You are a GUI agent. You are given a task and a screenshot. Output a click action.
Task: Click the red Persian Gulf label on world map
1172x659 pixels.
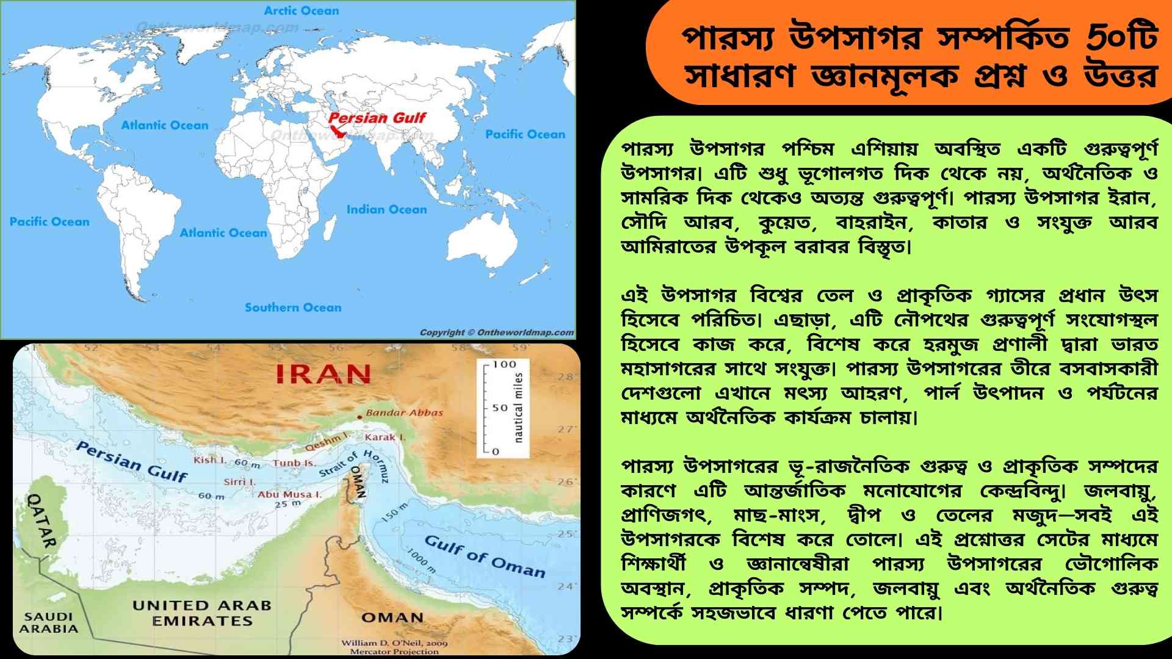coord(377,118)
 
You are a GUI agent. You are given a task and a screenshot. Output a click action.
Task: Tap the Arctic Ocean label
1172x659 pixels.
coord(301,10)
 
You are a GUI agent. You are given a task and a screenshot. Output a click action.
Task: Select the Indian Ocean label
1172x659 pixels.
coord(386,209)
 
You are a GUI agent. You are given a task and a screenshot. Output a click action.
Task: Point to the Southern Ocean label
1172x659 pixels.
coord(293,308)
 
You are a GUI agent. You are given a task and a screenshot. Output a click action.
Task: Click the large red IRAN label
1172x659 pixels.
coord(324,373)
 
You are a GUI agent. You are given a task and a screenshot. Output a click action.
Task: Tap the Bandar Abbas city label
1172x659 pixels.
coord(404,412)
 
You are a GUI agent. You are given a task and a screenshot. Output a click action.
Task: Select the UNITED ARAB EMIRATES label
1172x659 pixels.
coord(201,613)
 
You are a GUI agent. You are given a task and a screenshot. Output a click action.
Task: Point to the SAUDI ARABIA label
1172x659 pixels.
coord(49,622)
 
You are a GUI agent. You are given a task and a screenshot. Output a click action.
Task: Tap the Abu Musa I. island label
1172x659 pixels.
coord(289,494)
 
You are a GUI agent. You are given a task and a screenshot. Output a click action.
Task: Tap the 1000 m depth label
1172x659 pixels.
coord(422,561)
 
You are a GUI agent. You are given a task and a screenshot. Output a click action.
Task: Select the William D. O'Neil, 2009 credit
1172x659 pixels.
coord(394,643)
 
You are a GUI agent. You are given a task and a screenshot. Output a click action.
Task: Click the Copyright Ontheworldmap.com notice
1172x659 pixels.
coord(496,333)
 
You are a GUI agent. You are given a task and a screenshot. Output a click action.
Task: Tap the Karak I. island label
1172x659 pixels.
coord(385,437)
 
